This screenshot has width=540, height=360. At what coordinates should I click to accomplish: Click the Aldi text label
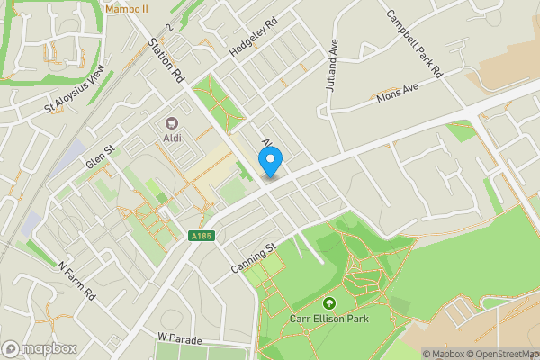(171, 138)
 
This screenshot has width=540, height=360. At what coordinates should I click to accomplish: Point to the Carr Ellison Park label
(329, 319)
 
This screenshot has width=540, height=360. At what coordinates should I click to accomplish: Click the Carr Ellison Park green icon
(328, 304)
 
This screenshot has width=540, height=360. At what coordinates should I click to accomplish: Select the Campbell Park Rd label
(415, 42)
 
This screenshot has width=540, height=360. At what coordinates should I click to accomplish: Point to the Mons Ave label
(398, 93)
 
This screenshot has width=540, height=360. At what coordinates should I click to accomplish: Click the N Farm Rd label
(76, 282)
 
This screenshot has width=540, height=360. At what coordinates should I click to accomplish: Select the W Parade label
(176, 337)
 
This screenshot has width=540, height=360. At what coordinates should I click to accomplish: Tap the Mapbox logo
(39, 348)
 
